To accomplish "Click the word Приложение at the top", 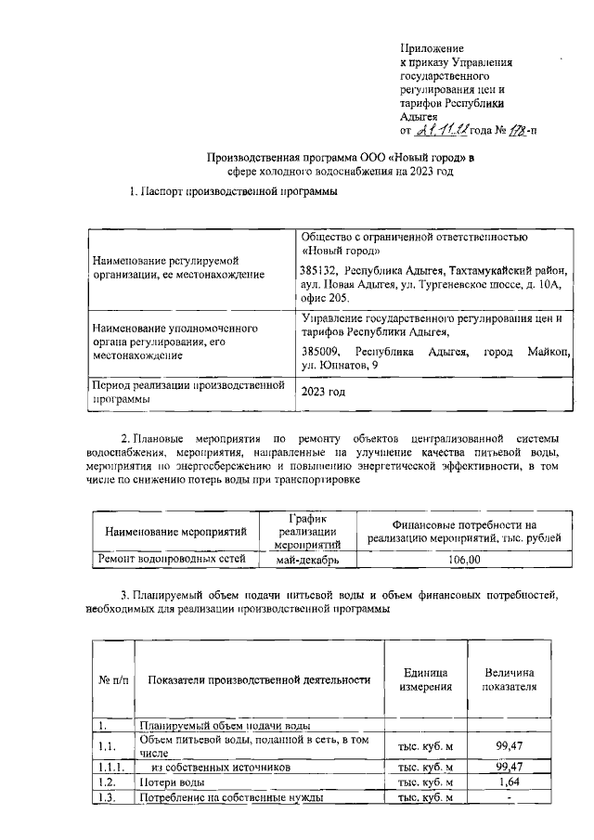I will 432,46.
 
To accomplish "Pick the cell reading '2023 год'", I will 323,392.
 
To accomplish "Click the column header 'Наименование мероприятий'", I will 175,532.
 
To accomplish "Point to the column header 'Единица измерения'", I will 426,679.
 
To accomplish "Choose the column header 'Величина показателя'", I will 509,679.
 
